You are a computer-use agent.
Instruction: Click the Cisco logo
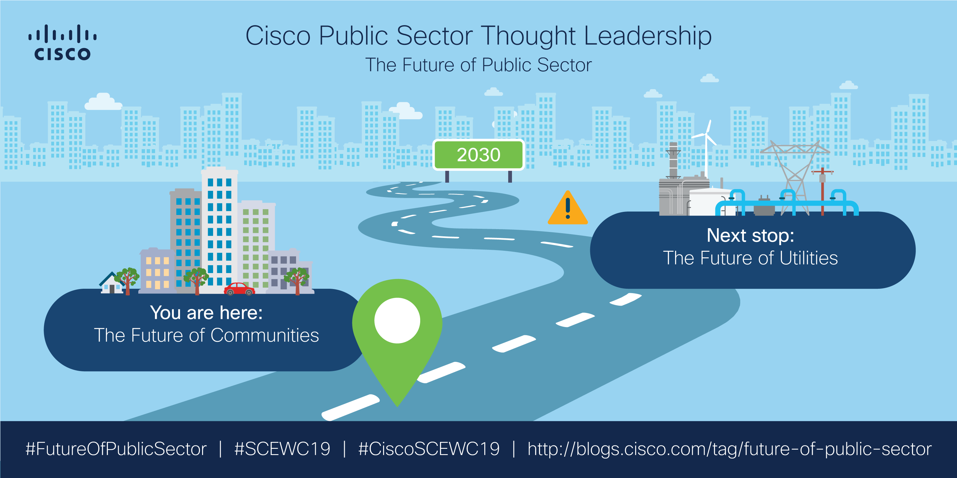pos(63,42)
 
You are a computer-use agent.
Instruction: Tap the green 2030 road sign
pos(478,155)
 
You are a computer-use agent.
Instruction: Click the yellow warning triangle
pos(568,208)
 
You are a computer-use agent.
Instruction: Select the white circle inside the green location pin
pos(397,320)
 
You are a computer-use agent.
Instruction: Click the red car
pos(239,289)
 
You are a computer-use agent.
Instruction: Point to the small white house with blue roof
pos(112,283)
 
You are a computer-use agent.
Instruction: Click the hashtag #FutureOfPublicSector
pos(116,449)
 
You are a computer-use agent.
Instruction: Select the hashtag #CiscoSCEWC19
pos(429,449)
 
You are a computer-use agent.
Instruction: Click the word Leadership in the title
pos(647,36)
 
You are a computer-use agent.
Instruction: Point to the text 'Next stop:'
pos(751,235)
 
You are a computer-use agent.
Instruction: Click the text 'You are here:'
pos(206,313)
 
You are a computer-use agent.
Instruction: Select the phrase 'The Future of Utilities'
pos(751,258)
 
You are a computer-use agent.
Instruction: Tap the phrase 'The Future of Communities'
pos(206,335)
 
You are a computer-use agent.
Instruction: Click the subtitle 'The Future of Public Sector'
pos(478,65)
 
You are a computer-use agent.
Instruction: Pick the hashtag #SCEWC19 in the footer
pos(282,449)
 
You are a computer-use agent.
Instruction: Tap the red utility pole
pos(822,191)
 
